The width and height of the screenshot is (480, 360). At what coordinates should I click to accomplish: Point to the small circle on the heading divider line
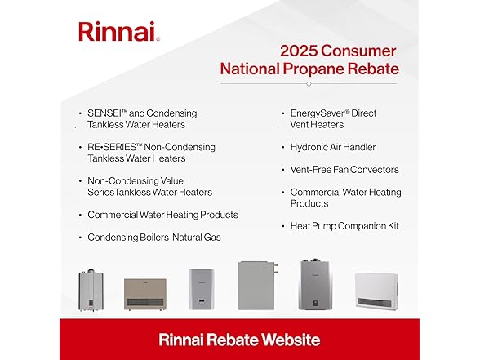[309, 83]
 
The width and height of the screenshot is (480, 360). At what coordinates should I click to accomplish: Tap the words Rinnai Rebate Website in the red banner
[239, 340]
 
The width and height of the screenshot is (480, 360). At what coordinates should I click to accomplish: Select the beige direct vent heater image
[145, 292]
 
